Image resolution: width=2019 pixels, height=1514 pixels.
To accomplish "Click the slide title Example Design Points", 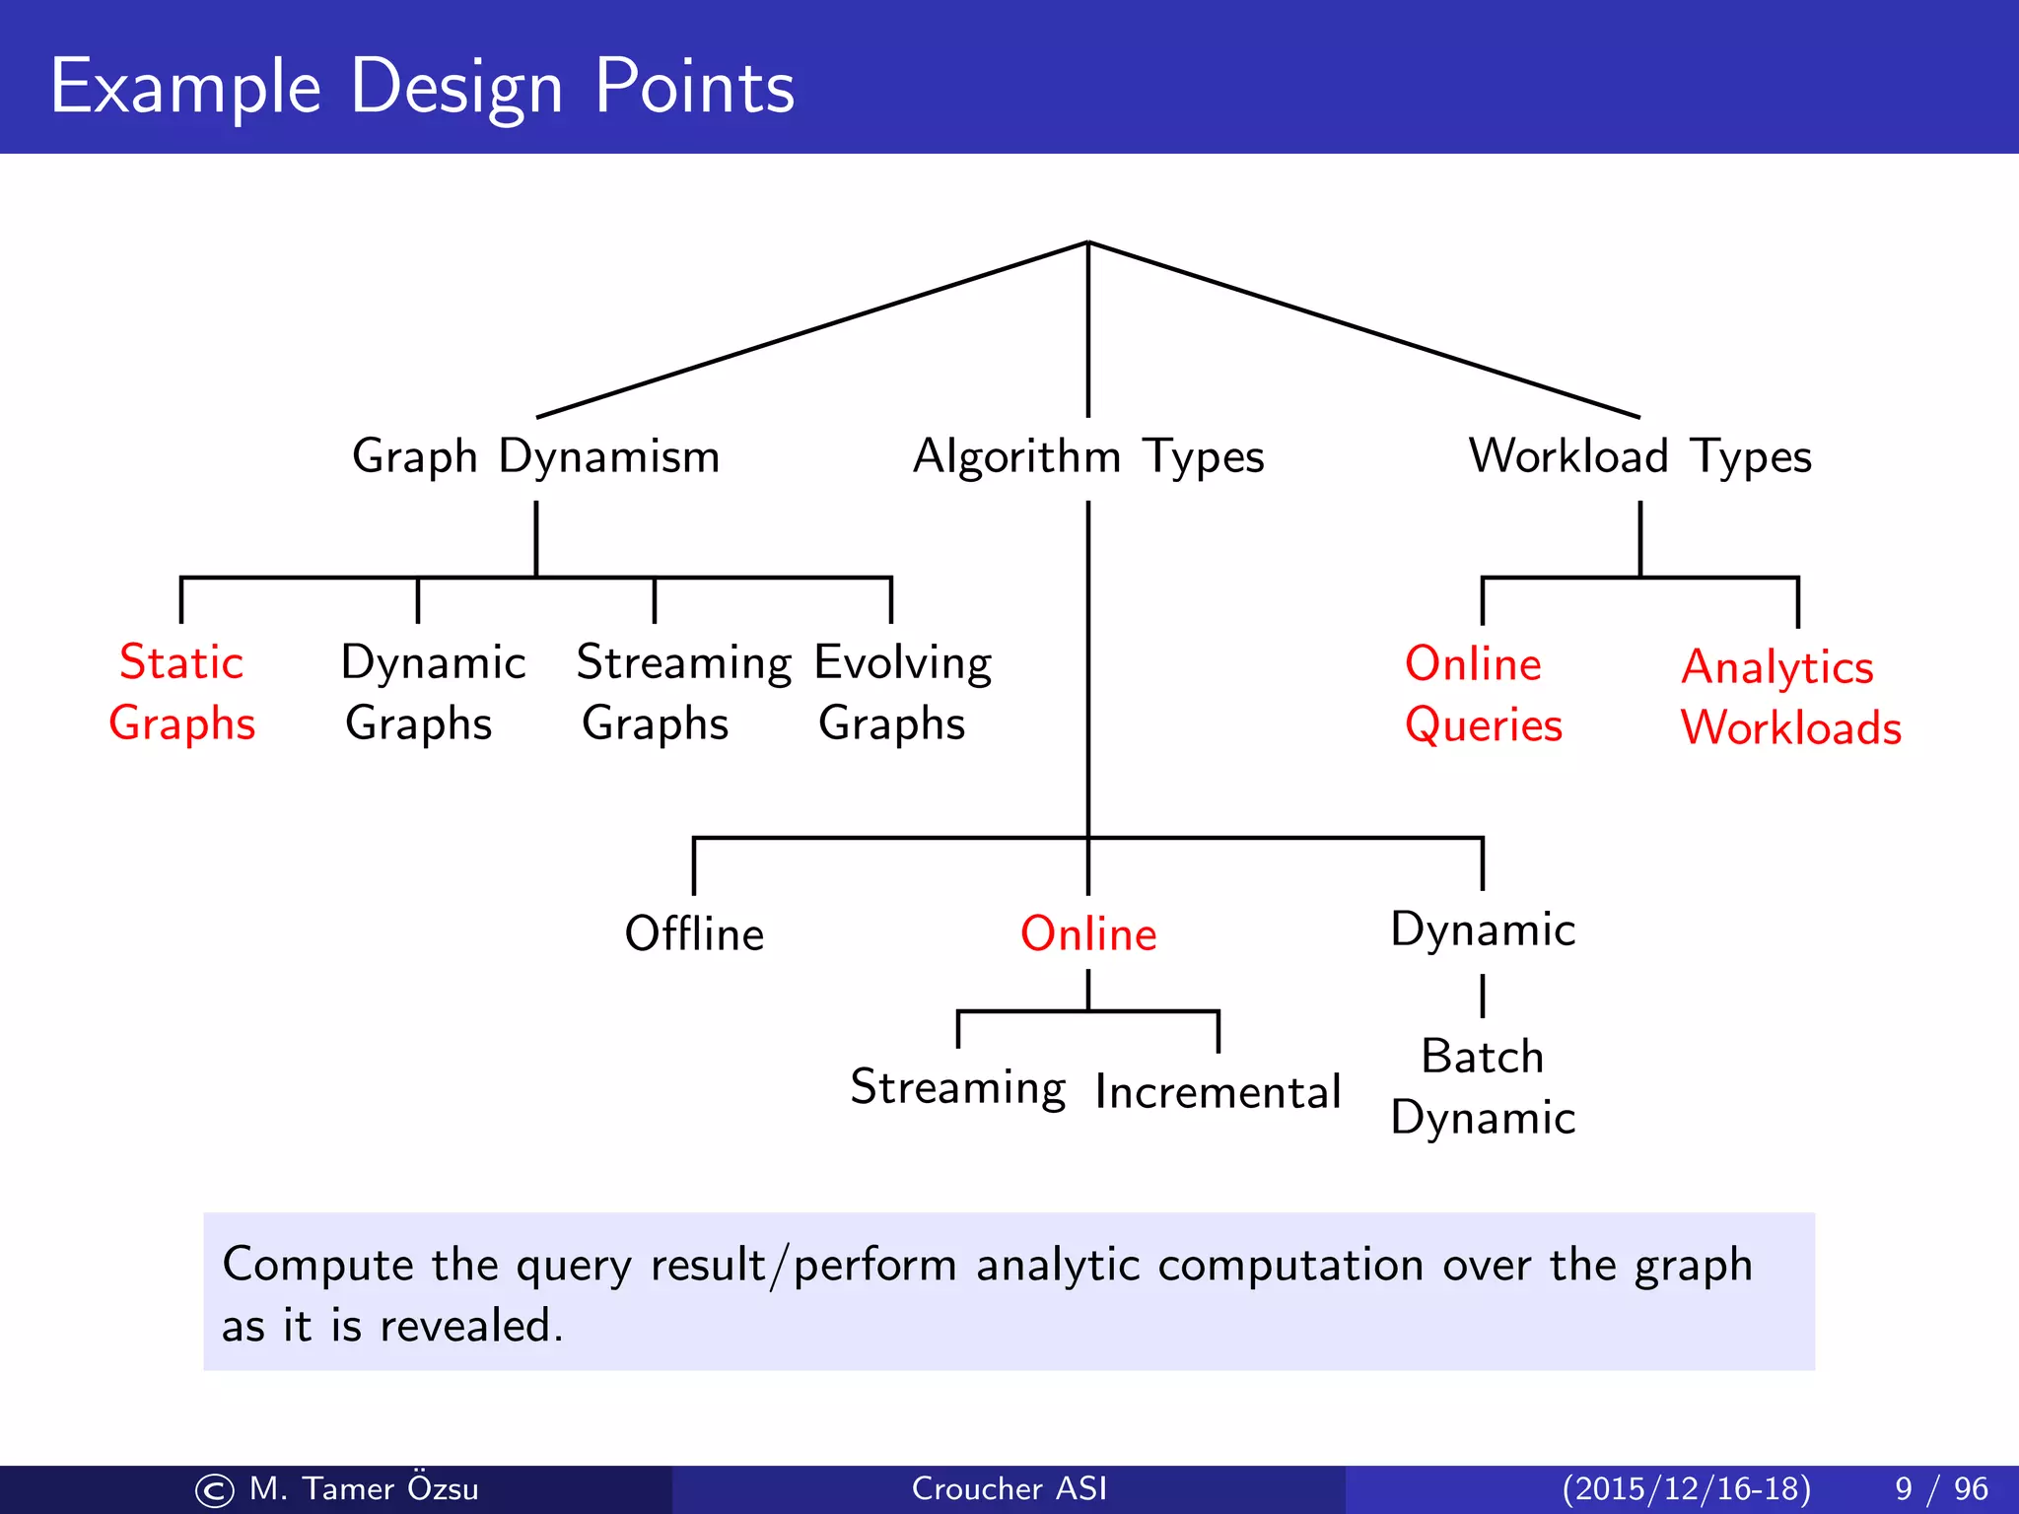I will [x=422, y=87].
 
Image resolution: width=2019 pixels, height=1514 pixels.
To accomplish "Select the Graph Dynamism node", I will [x=535, y=457].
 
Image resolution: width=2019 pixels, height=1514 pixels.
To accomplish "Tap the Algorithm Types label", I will [x=1088, y=457].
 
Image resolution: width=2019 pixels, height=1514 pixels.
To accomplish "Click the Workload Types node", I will [x=1639, y=457].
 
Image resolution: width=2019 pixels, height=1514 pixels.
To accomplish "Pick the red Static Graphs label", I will [x=181, y=692].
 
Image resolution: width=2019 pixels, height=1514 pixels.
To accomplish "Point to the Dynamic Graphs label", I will [x=432, y=692].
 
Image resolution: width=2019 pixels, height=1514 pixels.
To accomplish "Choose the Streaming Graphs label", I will [x=682, y=692].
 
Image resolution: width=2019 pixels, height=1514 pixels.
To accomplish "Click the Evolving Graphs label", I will [x=902, y=692].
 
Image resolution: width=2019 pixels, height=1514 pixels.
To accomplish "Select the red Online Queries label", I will [x=1482, y=694].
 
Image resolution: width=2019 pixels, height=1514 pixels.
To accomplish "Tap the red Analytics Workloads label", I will [x=1789, y=698].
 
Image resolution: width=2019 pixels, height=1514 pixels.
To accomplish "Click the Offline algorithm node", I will [x=694, y=933].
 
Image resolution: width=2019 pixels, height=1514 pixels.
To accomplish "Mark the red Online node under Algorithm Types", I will [x=1088, y=933].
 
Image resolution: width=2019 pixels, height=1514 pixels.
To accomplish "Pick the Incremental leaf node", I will [x=1218, y=1092].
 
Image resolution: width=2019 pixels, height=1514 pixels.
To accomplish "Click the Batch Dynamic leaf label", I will [x=1482, y=1086].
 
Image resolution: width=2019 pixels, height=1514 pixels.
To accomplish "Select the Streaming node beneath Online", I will [x=957, y=1088].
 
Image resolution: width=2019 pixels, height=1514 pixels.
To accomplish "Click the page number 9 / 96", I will [x=1940, y=1488].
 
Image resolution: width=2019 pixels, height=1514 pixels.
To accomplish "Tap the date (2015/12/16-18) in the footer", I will [x=1686, y=1488].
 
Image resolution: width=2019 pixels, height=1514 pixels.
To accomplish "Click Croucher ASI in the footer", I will [x=1009, y=1488].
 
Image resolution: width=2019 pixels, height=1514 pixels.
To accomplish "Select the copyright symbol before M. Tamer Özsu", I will [x=215, y=1490].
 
